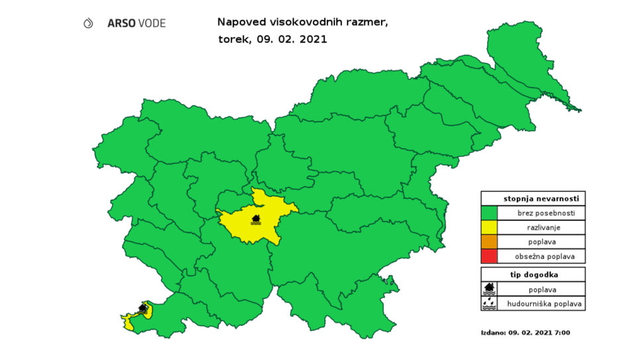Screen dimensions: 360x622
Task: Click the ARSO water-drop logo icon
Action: (89, 23)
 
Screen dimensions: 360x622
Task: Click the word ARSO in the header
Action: (120, 23)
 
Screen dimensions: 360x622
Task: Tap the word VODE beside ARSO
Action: (151, 23)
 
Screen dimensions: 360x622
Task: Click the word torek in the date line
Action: (232, 39)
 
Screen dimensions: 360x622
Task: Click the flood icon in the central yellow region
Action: (256, 219)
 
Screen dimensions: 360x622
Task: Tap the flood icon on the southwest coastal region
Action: (143, 308)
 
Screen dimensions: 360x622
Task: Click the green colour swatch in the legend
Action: (490, 213)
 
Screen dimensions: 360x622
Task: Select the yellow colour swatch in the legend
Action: (490, 228)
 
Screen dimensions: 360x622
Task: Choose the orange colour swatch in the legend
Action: (490, 242)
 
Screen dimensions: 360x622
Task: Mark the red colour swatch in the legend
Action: (490, 257)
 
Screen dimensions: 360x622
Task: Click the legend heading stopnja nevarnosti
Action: (541, 198)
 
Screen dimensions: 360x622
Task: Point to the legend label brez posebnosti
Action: (541, 213)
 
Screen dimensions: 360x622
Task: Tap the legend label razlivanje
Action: (541, 228)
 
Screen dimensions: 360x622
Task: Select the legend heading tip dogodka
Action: (533, 274)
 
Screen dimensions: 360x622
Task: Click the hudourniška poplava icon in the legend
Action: (490, 303)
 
